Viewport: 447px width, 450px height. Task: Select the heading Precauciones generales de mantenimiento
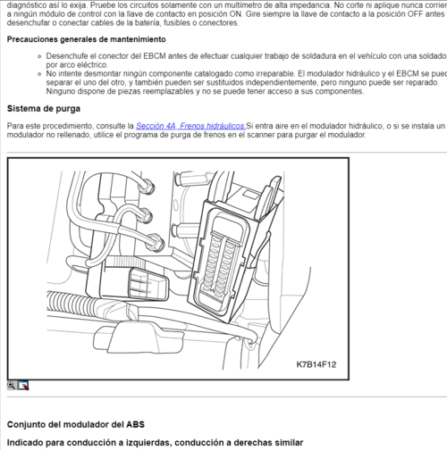[86, 40]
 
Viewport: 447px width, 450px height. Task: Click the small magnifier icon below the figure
[12, 385]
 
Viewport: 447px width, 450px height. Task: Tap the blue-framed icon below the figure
[23, 385]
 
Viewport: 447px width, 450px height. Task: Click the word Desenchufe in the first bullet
[67, 57]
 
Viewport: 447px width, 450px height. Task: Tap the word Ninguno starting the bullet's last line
[63, 90]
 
